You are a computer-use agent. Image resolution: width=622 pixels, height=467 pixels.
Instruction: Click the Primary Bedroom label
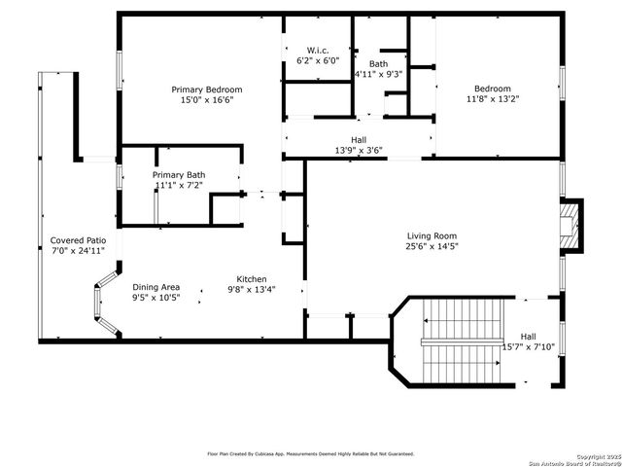point(207,89)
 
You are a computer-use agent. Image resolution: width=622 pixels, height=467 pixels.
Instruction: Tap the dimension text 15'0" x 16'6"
point(207,99)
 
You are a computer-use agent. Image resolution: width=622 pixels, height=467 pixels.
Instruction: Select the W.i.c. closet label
point(318,50)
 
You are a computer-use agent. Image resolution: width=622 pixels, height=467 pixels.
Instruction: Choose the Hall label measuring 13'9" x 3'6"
point(358,139)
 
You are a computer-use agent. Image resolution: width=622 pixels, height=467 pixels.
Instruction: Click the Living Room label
point(432,235)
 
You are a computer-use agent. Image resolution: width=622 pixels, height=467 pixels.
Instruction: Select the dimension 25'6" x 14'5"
point(432,247)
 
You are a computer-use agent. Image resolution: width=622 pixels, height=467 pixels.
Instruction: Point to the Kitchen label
point(252,277)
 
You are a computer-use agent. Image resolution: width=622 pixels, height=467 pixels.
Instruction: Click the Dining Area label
point(156,287)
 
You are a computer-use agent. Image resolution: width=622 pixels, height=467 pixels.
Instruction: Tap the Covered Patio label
point(78,239)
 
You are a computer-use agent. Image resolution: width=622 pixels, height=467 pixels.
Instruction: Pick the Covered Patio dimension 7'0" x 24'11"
point(78,250)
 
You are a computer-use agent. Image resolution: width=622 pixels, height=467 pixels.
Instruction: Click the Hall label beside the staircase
point(528,336)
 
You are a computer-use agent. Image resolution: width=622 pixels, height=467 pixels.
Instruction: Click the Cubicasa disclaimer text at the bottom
point(310,453)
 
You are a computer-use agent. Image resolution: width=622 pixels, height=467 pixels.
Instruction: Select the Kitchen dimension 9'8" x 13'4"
point(252,289)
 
